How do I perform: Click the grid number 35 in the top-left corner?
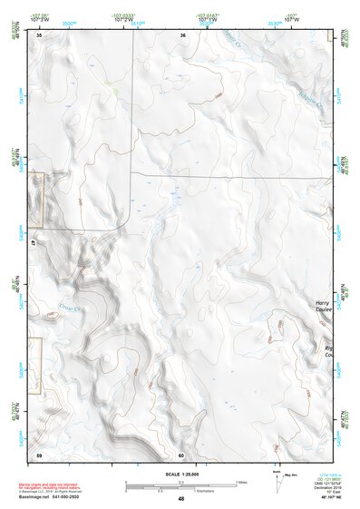(40, 35)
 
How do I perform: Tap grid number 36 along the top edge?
(182, 35)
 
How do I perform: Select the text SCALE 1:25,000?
(180, 473)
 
